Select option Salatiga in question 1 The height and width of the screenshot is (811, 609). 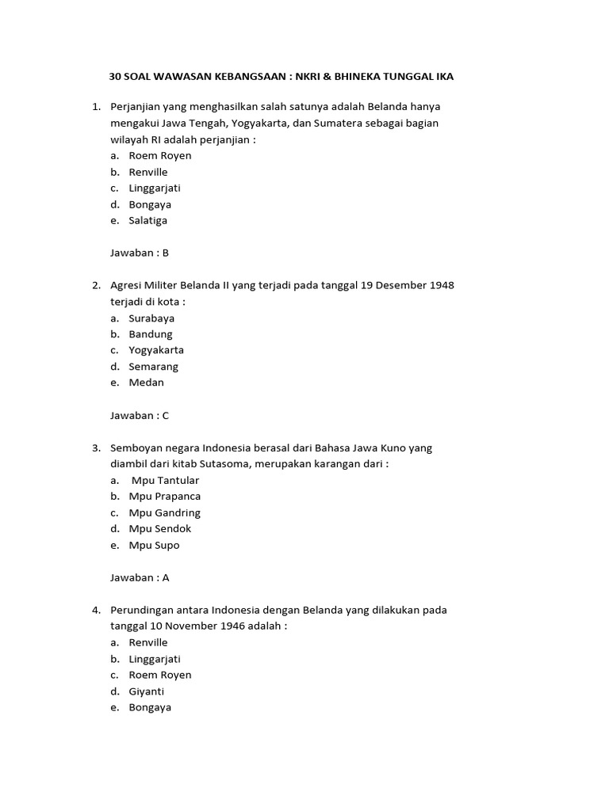point(147,220)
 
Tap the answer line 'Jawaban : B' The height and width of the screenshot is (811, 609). point(140,253)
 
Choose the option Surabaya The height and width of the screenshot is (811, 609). point(151,318)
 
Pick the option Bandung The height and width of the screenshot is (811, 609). point(150,333)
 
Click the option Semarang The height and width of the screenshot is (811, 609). point(153,366)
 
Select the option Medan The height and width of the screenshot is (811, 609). point(146,383)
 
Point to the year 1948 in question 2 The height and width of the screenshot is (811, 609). point(441,285)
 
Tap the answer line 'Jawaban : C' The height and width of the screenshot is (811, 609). point(140,415)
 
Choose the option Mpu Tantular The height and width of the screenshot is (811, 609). point(165,480)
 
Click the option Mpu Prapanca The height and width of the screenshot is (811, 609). point(164,496)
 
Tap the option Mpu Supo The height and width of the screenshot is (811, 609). point(154,545)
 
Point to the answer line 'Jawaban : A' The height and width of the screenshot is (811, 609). point(140,577)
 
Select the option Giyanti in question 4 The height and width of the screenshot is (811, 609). point(147,691)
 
